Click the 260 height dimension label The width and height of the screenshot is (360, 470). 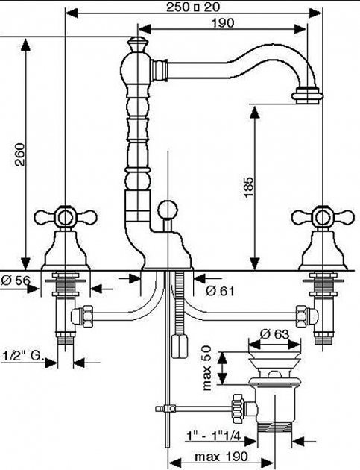20,154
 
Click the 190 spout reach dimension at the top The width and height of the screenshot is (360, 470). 223,23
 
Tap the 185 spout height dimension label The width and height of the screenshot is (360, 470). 249,187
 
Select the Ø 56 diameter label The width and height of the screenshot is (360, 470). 16,281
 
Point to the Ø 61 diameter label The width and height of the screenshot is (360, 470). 220,290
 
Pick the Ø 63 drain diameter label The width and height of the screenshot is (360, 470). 274,334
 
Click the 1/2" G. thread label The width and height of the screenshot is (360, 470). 23,356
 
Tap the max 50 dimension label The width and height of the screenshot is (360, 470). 207,368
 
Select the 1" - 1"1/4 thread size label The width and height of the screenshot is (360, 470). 214,436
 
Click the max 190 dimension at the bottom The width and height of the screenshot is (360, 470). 221,457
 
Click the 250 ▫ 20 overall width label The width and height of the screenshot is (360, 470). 193,7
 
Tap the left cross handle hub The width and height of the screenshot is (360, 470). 66,217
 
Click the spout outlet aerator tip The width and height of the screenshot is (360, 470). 308,95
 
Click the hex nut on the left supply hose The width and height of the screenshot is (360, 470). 87,316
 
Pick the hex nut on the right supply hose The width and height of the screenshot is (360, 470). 302,316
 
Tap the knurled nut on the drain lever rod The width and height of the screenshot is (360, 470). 238,408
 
